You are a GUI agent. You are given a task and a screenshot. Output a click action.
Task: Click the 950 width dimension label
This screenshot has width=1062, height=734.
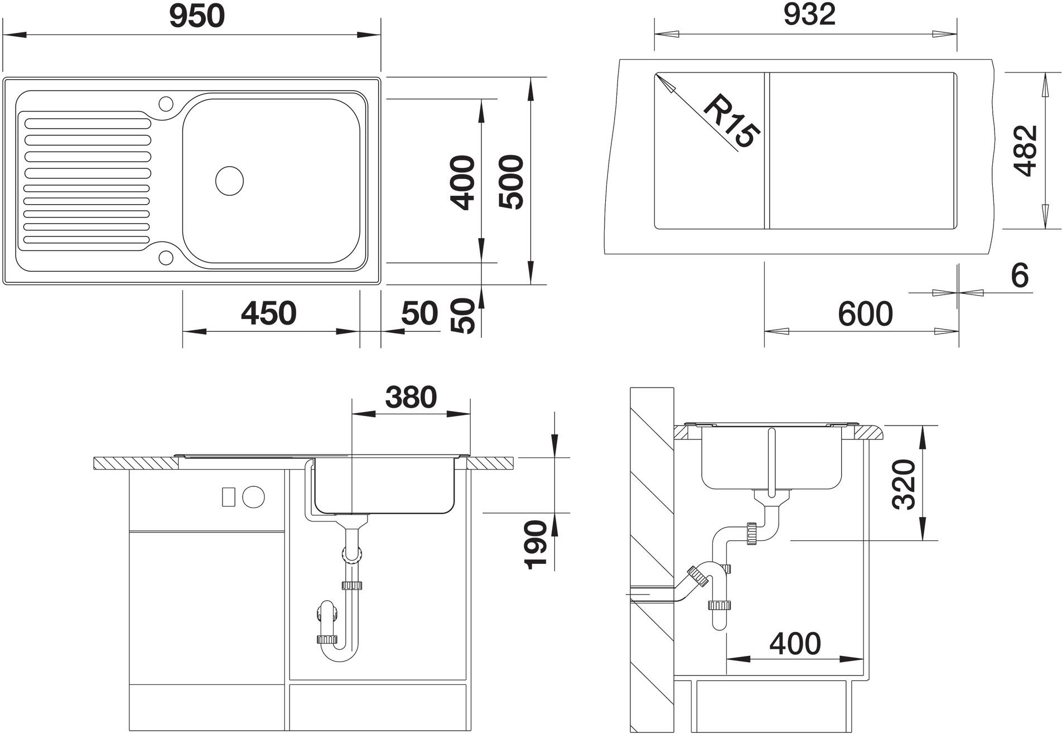tap(197, 16)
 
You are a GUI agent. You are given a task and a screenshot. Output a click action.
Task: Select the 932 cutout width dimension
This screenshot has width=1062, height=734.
tap(809, 15)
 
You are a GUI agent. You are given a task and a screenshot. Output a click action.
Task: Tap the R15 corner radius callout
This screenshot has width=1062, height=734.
tap(731, 121)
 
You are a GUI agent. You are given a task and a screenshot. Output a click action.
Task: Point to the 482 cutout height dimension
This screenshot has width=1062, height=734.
tap(1026, 151)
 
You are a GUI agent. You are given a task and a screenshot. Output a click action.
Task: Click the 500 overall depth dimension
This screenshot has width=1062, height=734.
tap(511, 182)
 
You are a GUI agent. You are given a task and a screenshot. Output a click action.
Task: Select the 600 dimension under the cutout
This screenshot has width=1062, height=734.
tap(865, 314)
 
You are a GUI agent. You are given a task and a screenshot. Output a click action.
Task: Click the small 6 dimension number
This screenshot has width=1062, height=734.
tap(1020, 276)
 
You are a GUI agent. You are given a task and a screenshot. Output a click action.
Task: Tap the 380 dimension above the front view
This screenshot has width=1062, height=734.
tap(411, 398)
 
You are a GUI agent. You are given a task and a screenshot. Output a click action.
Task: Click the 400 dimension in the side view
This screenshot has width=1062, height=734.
tap(795, 644)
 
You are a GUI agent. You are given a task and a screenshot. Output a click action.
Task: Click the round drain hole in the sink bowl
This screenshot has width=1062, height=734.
tap(229, 181)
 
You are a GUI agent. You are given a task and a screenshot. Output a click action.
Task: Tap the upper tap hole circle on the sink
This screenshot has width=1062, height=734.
tap(166, 104)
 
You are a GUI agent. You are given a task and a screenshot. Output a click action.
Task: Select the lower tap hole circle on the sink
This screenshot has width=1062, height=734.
tap(166, 257)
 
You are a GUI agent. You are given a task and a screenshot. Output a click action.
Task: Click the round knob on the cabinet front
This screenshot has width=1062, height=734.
tap(254, 496)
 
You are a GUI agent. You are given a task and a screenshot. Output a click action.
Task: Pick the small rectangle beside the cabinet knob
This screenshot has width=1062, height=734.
tap(228, 496)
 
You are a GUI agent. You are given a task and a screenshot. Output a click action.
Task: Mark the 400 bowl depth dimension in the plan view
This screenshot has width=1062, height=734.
tap(462, 182)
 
